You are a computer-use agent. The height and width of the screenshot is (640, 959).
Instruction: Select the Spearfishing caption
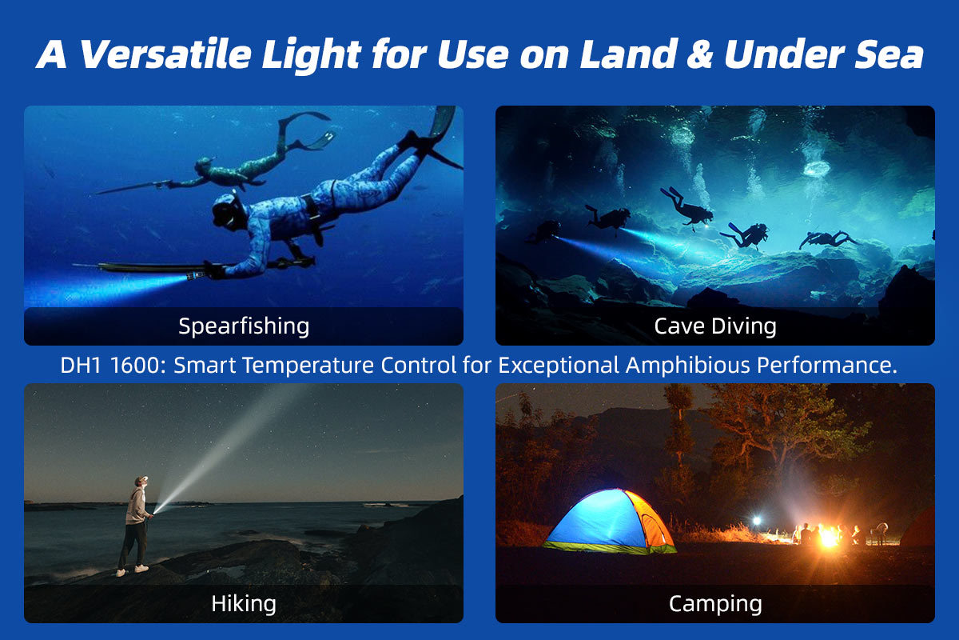(x=244, y=326)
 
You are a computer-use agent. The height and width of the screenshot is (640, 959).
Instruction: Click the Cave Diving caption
(x=714, y=326)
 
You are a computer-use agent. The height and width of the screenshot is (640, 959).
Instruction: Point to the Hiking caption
(x=244, y=603)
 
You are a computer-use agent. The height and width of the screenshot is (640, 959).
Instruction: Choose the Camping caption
(x=714, y=603)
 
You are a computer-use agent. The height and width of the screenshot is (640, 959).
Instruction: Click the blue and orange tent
(x=610, y=521)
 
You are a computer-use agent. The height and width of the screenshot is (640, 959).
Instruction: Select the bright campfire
(x=828, y=535)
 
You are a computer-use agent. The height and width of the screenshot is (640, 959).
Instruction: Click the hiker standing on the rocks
(x=137, y=524)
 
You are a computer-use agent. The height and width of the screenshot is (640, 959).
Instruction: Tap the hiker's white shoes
(x=132, y=570)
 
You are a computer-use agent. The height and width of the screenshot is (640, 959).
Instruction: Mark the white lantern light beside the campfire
(x=756, y=521)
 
